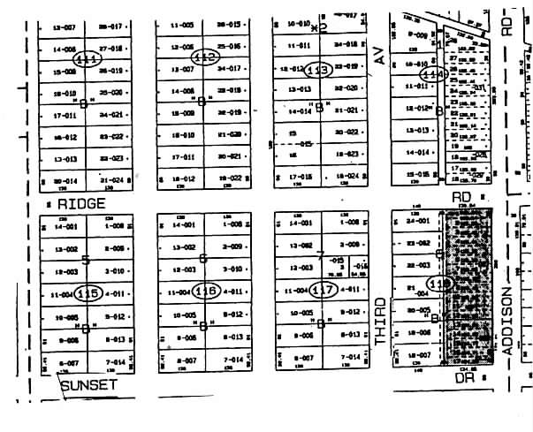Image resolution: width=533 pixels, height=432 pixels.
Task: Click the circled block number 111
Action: (88, 58)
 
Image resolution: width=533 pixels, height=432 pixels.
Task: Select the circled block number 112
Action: (205, 57)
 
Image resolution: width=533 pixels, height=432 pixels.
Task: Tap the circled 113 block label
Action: (319, 68)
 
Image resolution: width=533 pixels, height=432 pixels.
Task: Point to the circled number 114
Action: (432, 75)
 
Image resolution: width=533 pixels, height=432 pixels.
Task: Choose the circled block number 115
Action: (88, 292)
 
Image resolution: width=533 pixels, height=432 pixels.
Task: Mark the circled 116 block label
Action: (206, 291)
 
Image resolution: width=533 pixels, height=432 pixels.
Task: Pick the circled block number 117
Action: (324, 291)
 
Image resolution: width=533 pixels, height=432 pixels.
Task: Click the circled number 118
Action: (439, 284)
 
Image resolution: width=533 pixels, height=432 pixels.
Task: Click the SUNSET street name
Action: (89, 385)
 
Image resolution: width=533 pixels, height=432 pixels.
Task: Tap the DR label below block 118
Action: (460, 377)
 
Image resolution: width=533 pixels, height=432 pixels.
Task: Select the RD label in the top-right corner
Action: (507, 23)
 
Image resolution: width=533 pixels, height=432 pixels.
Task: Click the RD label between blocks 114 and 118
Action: (460, 197)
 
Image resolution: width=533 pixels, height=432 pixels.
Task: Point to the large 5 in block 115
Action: (86, 259)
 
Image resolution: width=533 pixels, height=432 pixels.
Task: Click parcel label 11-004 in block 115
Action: (64, 293)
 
